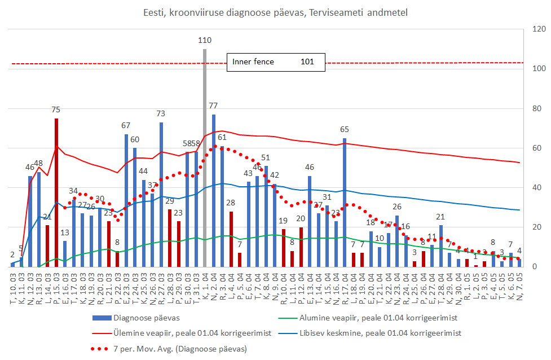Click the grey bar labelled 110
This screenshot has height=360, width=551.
coord(205,157)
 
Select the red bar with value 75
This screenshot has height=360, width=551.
coord(56,192)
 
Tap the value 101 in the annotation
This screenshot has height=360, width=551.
coord(307,62)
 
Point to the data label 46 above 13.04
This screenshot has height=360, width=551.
coord(310,167)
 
